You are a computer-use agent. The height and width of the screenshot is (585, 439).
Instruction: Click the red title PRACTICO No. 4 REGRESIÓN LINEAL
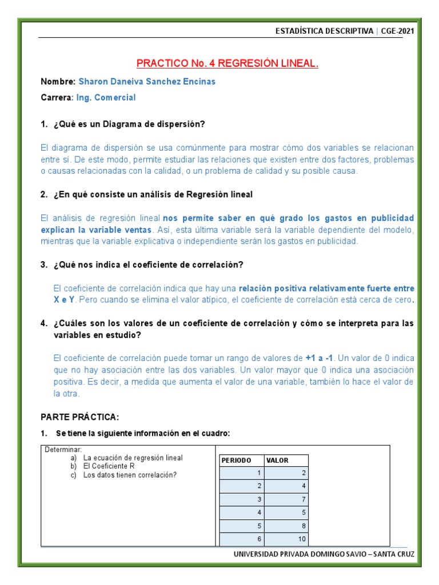click(x=227, y=63)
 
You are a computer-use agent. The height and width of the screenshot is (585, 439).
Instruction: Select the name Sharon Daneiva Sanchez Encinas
click(x=147, y=82)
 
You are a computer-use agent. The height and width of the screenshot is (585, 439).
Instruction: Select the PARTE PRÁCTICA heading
click(x=79, y=416)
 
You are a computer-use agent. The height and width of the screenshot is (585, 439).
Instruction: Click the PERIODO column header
click(x=237, y=460)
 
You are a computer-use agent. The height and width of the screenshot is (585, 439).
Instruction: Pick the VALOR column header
click(x=278, y=460)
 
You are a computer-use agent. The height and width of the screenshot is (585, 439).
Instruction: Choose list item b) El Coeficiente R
click(x=109, y=467)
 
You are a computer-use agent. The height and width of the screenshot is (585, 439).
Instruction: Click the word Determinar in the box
click(x=63, y=450)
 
